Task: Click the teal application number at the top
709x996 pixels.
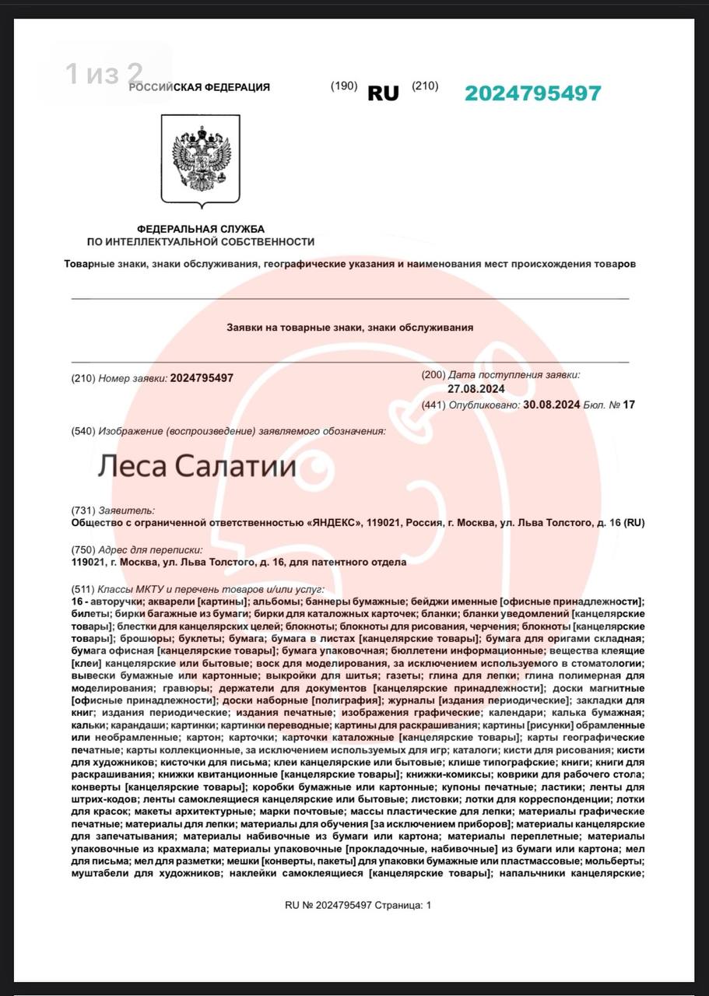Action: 532,93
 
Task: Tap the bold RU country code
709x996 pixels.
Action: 383,93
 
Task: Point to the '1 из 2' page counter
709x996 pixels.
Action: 104,74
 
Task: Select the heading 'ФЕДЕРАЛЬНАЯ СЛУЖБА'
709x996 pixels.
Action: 201,229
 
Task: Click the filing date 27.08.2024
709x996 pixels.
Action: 476,389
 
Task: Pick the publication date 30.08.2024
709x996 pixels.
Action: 551,405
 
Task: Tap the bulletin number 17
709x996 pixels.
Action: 629,405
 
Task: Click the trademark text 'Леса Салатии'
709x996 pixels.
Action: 197,466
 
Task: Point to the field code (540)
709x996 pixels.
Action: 83,431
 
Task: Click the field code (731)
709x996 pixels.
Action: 83,510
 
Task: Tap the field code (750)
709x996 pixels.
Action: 83,549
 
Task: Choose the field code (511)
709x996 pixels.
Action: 83,589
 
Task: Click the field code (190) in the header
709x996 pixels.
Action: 343,86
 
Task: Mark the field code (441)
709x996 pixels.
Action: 433,405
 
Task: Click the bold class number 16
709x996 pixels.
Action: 76,601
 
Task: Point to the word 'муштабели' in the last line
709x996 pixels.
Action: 98,874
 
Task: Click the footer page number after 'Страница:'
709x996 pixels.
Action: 427,905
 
